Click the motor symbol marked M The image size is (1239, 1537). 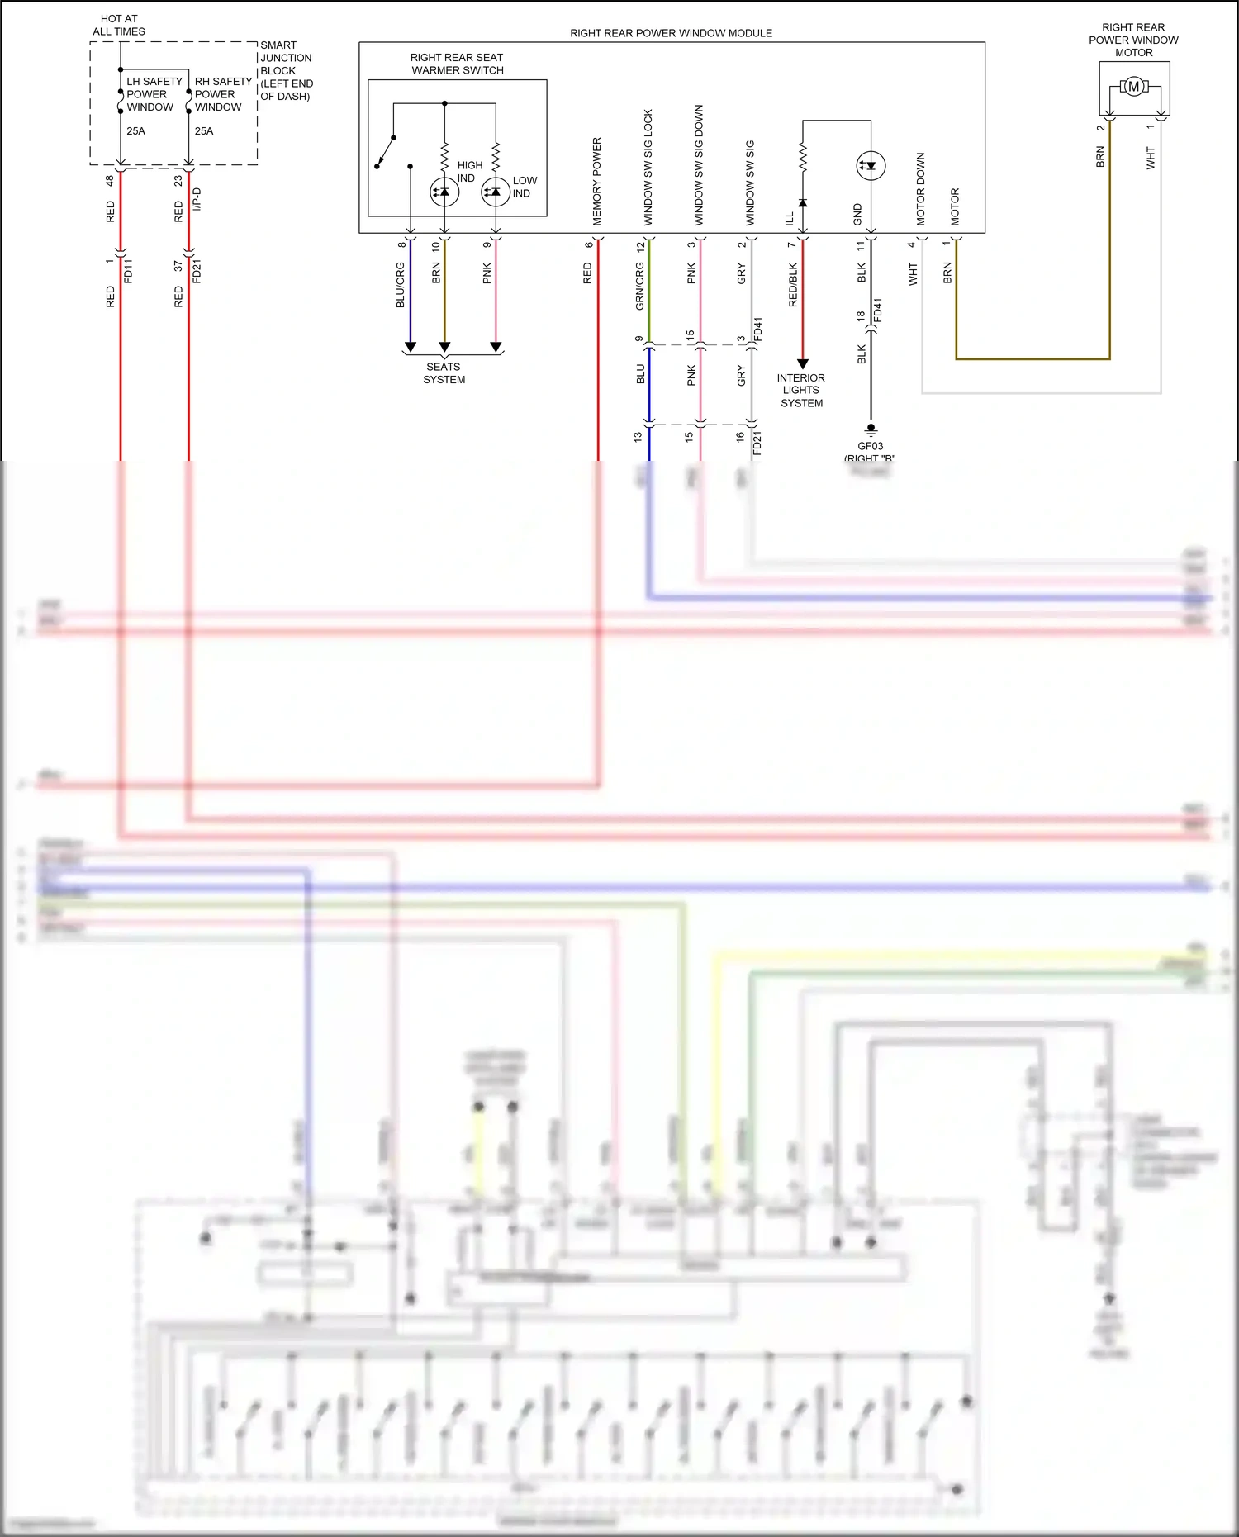[x=1133, y=87]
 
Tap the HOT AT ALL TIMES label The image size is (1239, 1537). [x=119, y=25]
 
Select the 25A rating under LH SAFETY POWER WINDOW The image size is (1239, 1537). [x=135, y=131]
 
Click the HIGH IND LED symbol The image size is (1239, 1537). [x=444, y=192]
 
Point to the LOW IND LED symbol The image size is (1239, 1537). [x=496, y=192]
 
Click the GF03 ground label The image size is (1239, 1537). [x=870, y=446]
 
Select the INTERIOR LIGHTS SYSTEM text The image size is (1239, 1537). [x=801, y=391]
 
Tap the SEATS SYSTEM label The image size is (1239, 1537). [x=444, y=373]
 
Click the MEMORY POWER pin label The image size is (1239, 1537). [x=597, y=182]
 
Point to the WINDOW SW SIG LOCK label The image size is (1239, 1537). [x=648, y=168]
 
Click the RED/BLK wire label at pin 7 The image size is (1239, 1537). [x=793, y=285]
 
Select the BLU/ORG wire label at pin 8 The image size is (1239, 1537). [x=401, y=285]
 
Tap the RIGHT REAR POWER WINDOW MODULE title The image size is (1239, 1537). [x=671, y=33]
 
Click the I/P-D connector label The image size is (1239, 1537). [x=197, y=199]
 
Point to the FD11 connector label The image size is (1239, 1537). [x=128, y=271]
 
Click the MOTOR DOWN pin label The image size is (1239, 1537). [x=921, y=189]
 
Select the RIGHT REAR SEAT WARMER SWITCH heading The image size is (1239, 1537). [x=457, y=64]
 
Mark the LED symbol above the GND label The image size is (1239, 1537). [x=870, y=165]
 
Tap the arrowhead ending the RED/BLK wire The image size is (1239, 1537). [x=802, y=363]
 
